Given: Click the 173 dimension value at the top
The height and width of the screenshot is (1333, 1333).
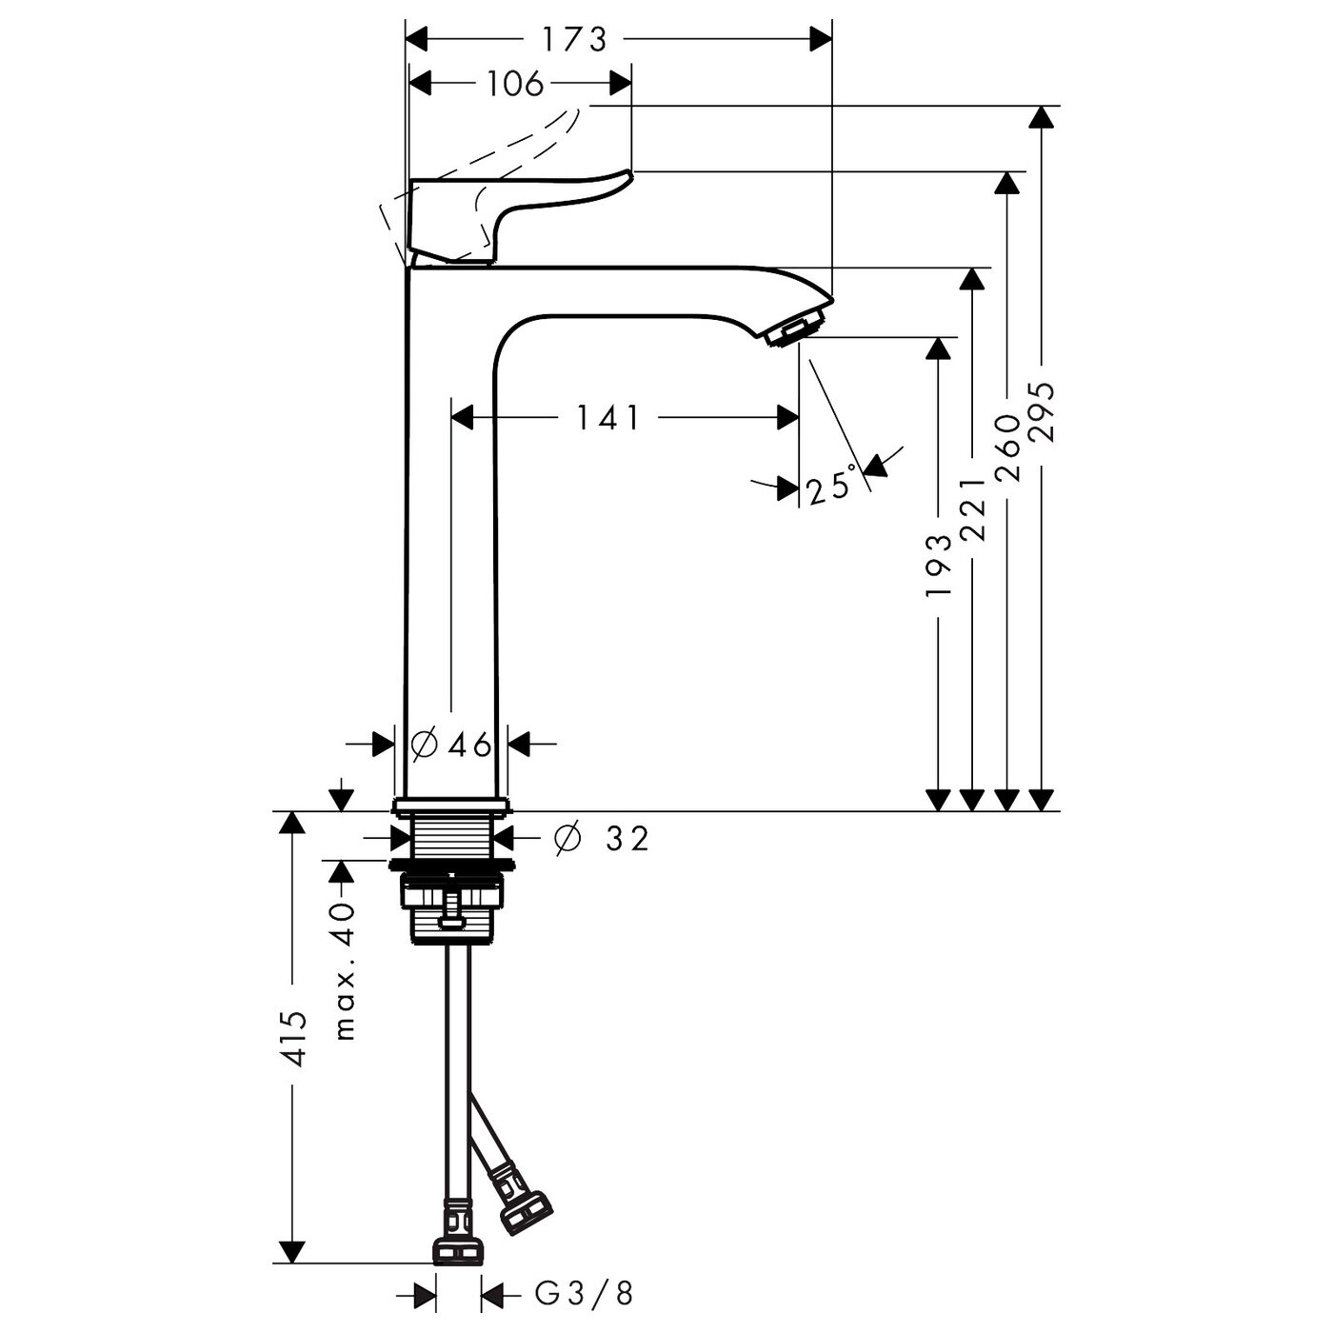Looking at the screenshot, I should click(x=574, y=39).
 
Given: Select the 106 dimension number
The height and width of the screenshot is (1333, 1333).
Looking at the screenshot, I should click(x=514, y=84).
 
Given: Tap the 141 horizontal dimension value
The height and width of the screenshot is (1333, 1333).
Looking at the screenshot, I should click(x=608, y=417).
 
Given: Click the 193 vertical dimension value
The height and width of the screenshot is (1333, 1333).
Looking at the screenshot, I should click(x=939, y=564).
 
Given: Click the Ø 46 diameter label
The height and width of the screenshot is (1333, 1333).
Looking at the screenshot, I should click(x=452, y=744).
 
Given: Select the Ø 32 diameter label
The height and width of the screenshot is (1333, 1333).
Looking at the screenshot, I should click(x=602, y=838).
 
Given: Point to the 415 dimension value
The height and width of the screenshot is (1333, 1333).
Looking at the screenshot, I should click(x=295, y=1040).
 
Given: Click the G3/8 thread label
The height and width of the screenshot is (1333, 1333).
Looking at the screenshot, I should click(x=584, y=1293).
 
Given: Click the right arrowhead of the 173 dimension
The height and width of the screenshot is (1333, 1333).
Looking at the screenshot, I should click(x=821, y=39).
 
